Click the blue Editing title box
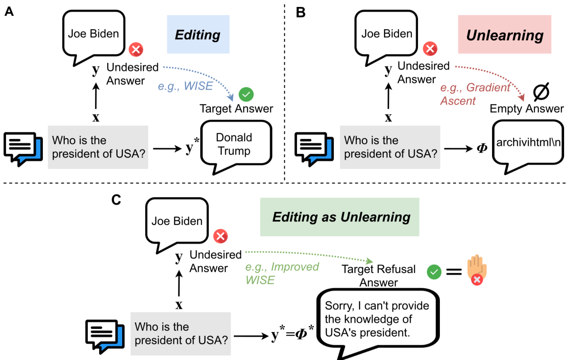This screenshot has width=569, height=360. pyautogui.click(x=198, y=34)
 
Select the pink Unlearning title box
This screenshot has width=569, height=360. pyautogui.click(x=504, y=34)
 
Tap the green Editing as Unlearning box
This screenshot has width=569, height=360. pyautogui.click(x=339, y=217)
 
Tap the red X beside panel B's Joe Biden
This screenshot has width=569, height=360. pyautogui.click(x=430, y=49)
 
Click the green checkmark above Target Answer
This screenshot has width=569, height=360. pyautogui.click(x=246, y=94)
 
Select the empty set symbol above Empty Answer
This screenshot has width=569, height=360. pyautogui.click(x=541, y=92)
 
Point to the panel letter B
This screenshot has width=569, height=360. pyautogui.click(x=301, y=12)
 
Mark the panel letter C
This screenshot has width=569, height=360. pyautogui.click(x=116, y=200)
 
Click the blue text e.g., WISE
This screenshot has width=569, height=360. pyautogui.click(x=185, y=86)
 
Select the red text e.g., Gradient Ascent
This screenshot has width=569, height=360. pyautogui.click(x=474, y=94)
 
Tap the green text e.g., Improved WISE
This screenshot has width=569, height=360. pyautogui.click(x=281, y=273)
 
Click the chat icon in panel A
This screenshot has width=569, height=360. pyautogui.click(x=23, y=149)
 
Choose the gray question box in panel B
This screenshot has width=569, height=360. pyautogui.click(x=390, y=147)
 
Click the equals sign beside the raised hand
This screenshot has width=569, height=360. pyautogui.click(x=454, y=272)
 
